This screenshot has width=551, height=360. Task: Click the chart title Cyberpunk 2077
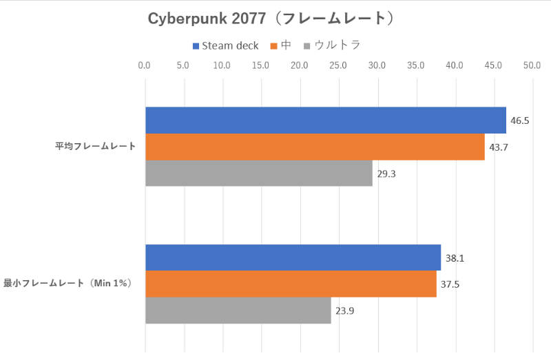(275, 19)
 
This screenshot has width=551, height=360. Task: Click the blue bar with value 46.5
(325, 120)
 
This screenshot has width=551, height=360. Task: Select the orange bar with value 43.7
(315, 147)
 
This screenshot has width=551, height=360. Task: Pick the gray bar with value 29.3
(258, 173)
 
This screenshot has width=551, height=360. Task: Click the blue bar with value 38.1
(293, 257)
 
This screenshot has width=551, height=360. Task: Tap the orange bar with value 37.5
(291, 284)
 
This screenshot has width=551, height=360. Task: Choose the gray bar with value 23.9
(238, 310)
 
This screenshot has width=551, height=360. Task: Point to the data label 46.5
(519, 120)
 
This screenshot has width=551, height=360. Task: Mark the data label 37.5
(450, 284)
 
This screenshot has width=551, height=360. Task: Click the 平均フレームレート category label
(96, 147)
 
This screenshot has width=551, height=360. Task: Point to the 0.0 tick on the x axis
(145, 66)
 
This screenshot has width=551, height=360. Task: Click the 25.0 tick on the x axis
(338, 66)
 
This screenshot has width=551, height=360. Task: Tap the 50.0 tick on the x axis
(532, 66)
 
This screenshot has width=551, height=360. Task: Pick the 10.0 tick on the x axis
(222, 66)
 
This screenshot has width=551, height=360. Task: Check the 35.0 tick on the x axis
(415, 66)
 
